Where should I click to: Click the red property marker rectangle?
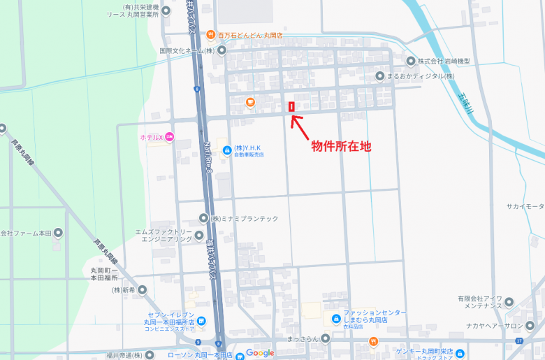pos(291,107)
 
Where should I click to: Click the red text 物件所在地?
pos(341,146)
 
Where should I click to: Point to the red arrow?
pos(299,126)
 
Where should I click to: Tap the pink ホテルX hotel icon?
pos(170,137)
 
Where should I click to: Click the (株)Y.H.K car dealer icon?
pos(226,150)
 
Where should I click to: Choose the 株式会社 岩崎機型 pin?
pos(411,62)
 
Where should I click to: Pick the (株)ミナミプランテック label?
pos(245,219)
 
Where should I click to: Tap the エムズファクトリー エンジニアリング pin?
pos(199,236)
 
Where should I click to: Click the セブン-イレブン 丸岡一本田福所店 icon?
pos(201,321)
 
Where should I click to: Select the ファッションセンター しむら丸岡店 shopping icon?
pos(334,319)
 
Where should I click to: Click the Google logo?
pos(260,353)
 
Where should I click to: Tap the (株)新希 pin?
pos(143,289)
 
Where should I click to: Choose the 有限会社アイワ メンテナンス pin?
pos(509,303)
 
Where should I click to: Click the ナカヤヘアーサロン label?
pos(505,326)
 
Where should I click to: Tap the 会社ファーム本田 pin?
pos(58,233)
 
